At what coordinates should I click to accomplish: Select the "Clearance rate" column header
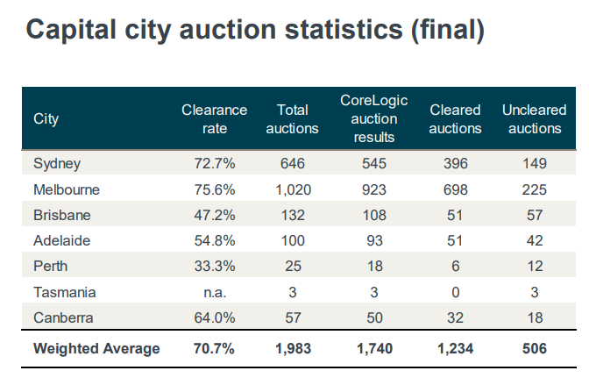[214, 118]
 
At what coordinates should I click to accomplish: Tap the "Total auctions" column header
[293, 118]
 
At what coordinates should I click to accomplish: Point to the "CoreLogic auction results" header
[373, 118]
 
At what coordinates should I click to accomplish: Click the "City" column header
[46, 118]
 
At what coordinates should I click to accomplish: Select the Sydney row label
[57, 163]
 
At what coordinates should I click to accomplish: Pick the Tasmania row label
[64, 292]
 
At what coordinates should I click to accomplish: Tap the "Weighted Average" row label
[96, 348]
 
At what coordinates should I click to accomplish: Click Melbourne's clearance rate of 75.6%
[214, 189]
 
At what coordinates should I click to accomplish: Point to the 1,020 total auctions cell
[293, 189]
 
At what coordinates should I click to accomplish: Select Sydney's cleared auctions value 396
[456, 163]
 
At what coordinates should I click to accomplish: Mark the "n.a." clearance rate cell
[214, 292]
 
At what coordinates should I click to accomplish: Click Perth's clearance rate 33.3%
[214, 267]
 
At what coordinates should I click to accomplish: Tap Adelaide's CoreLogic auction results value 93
[373, 240]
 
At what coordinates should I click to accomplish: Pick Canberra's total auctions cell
[293, 317]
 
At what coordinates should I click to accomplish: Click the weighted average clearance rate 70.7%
[214, 348]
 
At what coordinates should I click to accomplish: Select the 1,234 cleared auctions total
[456, 348]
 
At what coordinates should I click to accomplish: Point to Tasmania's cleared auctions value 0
[456, 292]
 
